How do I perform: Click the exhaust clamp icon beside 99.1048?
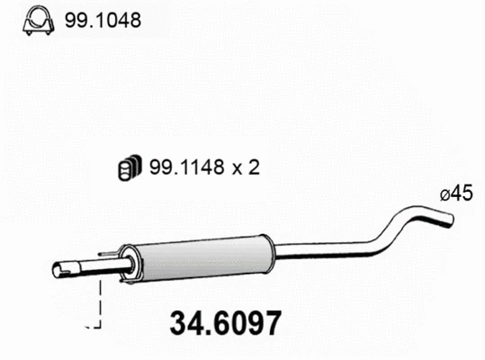click(x=37, y=19)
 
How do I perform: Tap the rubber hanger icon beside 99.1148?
click(x=129, y=166)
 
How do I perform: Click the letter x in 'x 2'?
click(x=236, y=168)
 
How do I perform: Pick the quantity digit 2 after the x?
click(x=253, y=167)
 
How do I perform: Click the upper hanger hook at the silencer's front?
click(x=112, y=248)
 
